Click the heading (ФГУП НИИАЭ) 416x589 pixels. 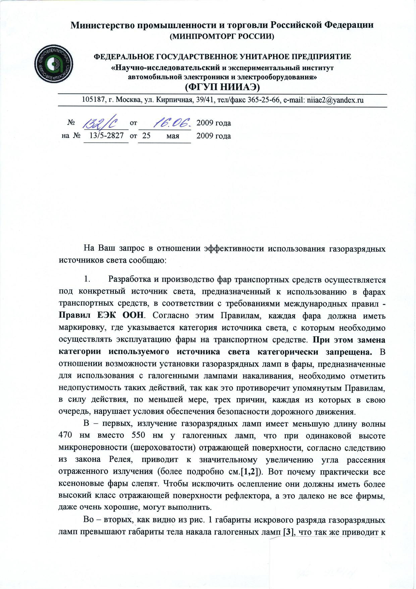[x=222, y=87]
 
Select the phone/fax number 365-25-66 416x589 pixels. [x=266, y=100]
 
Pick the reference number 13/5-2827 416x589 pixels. [x=107, y=136]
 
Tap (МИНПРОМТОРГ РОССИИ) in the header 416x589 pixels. [x=222, y=36]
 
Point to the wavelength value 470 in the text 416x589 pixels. [x=67, y=436]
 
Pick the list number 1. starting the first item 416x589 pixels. [x=87, y=279]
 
